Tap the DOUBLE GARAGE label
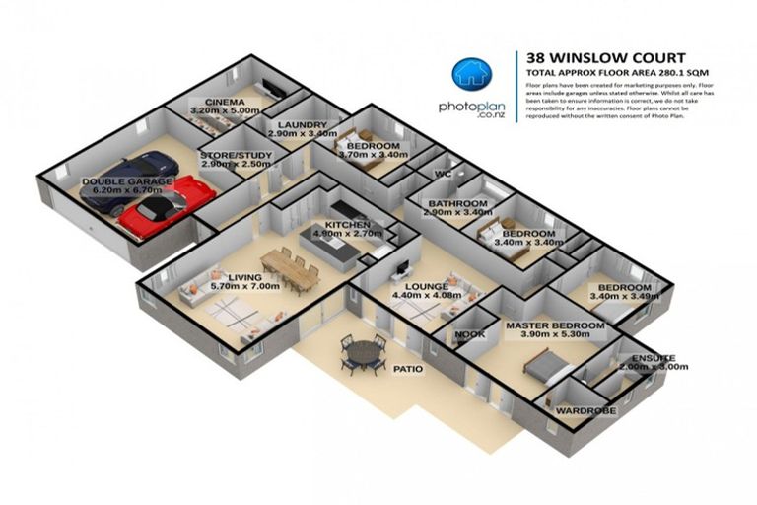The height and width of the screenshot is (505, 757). pyautogui.click(x=127, y=181)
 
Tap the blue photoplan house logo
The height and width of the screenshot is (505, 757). pyautogui.click(x=470, y=77)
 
